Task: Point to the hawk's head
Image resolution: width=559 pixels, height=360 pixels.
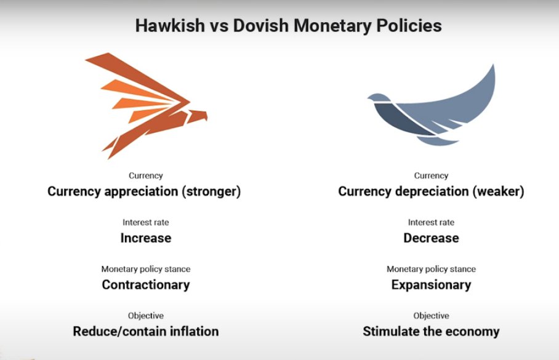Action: coord(198,115)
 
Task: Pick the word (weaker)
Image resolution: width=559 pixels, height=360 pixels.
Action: coord(498,191)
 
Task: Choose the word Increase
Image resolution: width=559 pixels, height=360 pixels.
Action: coord(145,238)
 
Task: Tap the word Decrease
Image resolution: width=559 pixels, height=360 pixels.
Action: coord(431,238)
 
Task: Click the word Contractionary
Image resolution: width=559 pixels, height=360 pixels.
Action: coord(145,284)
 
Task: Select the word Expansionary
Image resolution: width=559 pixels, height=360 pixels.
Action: coord(431,284)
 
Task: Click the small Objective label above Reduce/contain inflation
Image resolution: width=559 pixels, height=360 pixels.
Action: coord(146,316)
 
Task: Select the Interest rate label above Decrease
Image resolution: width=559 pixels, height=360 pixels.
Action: coord(431,222)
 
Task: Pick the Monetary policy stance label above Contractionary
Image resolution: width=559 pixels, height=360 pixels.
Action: coord(146,269)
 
